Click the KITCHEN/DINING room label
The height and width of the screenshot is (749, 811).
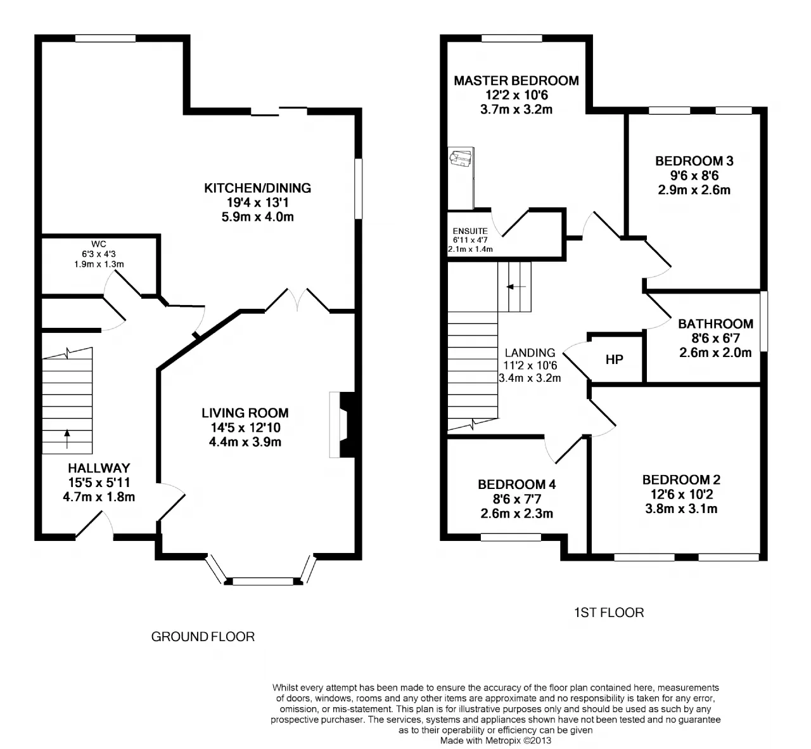257,188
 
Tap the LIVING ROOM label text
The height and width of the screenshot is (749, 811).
245,413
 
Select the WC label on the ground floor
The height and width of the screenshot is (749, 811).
98,244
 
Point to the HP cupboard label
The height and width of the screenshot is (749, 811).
614,360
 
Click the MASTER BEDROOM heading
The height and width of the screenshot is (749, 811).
516,81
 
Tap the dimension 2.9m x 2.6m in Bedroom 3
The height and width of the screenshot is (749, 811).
694,190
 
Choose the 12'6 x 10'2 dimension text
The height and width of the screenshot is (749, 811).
682,494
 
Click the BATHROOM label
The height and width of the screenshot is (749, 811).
715,324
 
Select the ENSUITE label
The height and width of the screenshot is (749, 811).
470,231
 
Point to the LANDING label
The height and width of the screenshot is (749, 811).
530,353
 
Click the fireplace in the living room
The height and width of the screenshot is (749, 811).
343,425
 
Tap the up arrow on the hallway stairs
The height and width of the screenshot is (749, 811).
67,439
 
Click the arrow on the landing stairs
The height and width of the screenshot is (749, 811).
516,287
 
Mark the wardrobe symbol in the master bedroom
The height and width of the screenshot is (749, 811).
461,178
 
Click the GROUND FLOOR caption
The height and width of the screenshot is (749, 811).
203,637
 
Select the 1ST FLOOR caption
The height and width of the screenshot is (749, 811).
609,613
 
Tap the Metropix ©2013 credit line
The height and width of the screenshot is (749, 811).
495,740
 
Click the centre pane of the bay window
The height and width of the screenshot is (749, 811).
263,581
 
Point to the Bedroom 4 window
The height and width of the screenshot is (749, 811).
511,537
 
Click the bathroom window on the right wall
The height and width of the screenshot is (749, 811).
763,321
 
